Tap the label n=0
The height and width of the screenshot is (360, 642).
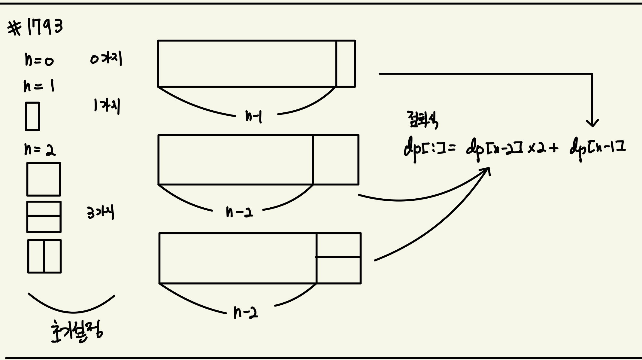[x=39, y=59]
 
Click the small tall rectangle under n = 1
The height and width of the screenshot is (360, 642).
[x=32, y=116]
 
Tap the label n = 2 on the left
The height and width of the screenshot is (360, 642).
[x=40, y=149]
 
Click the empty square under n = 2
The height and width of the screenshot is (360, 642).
[x=44, y=179]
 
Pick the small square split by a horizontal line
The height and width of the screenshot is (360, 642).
[x=44, y=217]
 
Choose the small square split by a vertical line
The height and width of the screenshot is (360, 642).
[x=44, y=256]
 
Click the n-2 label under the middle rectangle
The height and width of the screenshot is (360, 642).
[x=239, y=212]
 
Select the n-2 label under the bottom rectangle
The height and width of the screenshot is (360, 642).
[x=246, y=313]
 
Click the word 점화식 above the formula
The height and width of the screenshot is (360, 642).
[x=422, y=120]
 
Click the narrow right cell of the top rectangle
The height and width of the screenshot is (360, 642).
[x=346, y=63]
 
